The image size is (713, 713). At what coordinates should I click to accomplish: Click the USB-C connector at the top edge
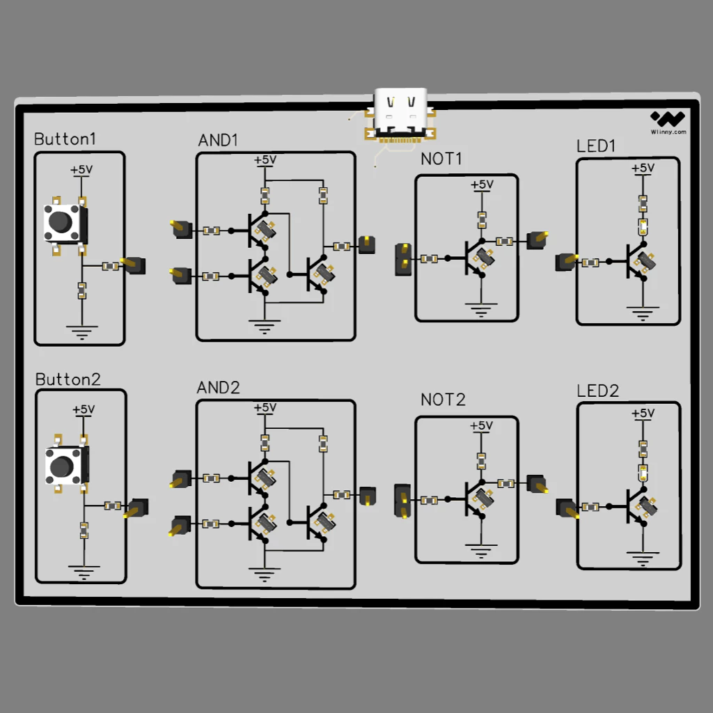pos(400,113)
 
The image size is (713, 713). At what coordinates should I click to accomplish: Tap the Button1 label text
pos(65,139)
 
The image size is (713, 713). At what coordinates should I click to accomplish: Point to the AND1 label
pos(218,140)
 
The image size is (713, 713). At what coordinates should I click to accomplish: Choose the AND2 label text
pos(218,387)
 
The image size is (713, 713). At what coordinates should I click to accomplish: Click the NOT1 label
pos(441,159)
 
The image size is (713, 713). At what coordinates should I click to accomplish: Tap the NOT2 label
pos(443,400)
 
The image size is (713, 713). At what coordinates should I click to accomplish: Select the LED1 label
pos(596,146)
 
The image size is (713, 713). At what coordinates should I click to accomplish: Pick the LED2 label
pos(597,391)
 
